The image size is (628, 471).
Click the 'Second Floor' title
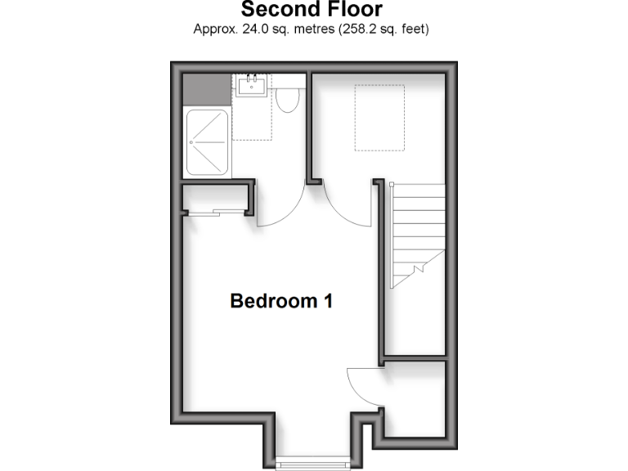pyautogui.click(x=311, y=10)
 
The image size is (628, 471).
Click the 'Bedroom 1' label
pyautogui.click(x=281, y=301)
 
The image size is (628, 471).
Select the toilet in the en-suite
pyautogui.click(x=286, y=100)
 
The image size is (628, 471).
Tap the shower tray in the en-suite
pyautogui.click(x=208, y=141)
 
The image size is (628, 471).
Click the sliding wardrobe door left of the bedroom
pyautogui.click(x=214, y=213)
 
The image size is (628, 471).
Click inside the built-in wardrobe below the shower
pyautogui.click(x=214, y=198)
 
